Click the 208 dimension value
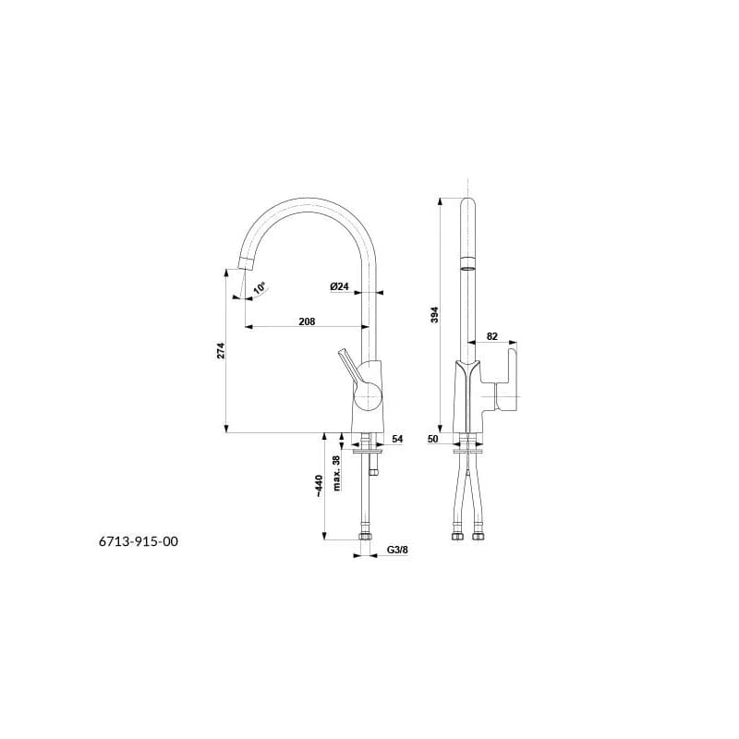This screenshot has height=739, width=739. [x=307, y=321]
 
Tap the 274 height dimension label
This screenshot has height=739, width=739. [x=221, y=351]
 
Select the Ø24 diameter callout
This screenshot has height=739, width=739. [x=339, y=286]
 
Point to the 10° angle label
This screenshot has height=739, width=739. [x=260, y=288]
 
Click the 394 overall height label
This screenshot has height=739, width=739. [x=434, y=314]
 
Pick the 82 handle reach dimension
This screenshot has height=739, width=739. [x=491, y=336]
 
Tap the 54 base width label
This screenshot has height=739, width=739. [x=397, y=439]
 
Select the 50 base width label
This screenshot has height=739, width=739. [x=432, y=439]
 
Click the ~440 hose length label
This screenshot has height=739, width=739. [x=319, y=486]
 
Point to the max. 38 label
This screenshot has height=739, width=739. [x=336, y=473]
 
